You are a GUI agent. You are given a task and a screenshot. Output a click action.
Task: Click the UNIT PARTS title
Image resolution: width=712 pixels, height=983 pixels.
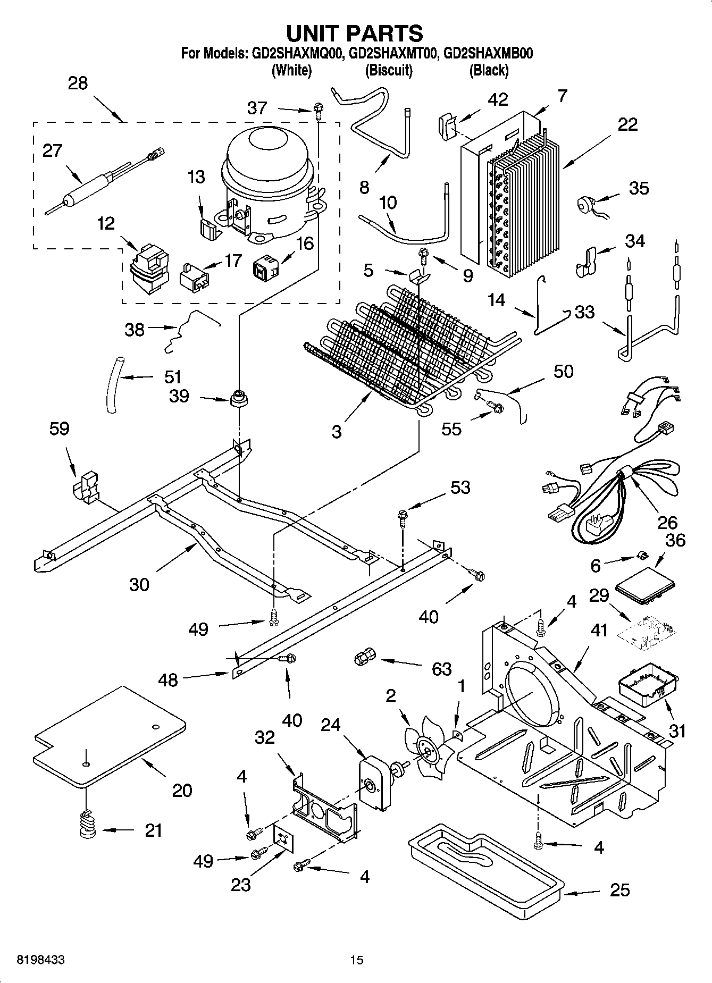(355, 33)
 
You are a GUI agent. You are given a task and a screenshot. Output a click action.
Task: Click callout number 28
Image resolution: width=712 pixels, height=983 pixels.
(78, 83)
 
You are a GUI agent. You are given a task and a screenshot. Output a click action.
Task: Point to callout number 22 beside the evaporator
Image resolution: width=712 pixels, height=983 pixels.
(627, 124)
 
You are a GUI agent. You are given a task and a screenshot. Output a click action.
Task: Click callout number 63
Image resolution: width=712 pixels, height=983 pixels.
(441, 669)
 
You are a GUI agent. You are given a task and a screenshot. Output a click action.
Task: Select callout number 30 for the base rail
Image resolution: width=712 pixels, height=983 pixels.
(139, 584)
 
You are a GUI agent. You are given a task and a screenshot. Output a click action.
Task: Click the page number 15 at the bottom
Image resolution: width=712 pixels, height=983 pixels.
(356, 960)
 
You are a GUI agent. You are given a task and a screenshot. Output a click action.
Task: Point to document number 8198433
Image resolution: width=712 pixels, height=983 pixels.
(41, 960)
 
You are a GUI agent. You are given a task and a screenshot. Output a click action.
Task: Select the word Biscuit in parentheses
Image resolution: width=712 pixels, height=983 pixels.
(389, 70)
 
